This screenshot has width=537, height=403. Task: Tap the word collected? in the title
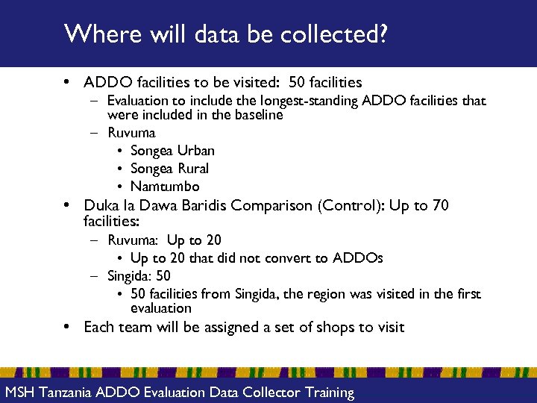pos(345,34)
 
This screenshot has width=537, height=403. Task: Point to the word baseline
pos(257,115)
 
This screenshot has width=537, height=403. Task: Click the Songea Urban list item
pos(172,151)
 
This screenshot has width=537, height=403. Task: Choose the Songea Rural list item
pos(169,169)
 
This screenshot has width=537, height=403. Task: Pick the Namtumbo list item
pos(165,187)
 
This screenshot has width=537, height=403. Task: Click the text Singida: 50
pos(139,276)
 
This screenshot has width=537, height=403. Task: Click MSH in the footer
pos(20,393)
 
